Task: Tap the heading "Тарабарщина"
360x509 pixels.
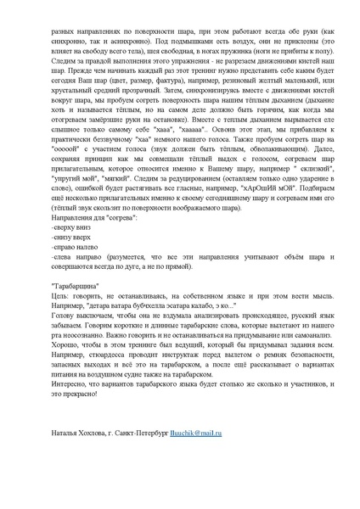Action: (78, 286)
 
